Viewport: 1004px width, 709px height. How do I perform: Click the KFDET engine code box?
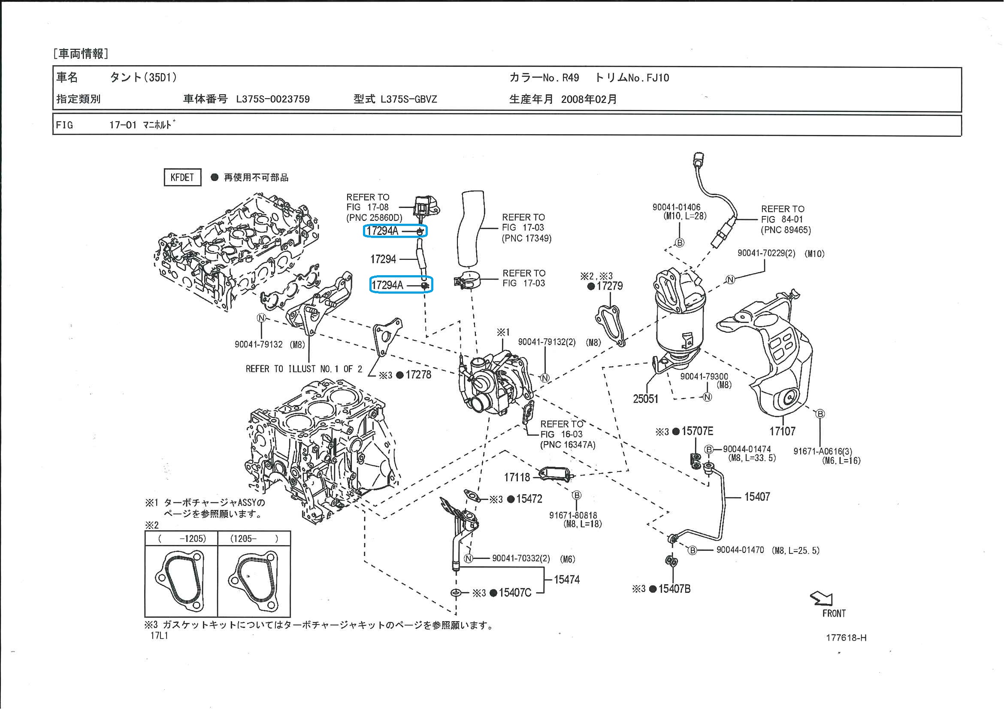click(x=182, y=177)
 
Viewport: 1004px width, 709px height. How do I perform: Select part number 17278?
click(x=418, y=375)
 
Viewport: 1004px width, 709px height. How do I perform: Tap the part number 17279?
click(x=610, y=286)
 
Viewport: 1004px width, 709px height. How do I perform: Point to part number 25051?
click(x=645, y=399)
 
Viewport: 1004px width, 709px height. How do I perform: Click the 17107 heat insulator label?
click(x=782, y=432)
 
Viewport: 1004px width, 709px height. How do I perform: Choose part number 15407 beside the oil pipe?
click(x=757, y=497)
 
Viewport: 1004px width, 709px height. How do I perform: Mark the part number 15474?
click(x=567, y=580)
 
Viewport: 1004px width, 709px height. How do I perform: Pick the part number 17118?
click(x=517, y=478)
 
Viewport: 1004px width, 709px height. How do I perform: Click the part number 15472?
click(x=529, y=499)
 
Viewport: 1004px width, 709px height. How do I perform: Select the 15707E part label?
click(x=697, y=432)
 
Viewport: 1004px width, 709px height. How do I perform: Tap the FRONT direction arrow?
click(x=822, y=598)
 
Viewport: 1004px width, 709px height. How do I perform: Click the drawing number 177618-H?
click(x=846, y=638)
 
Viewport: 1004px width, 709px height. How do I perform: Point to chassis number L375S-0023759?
click(x=272, y=99)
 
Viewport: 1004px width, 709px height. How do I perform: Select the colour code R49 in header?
click(x=570, y=78)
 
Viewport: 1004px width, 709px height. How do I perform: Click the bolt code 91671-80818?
click(x=573, y=516)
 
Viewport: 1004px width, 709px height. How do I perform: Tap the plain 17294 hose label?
click(x=383, y=259)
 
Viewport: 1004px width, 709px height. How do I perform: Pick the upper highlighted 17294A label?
click(x=383, y=231)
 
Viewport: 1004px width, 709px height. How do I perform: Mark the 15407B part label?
click(x=674, y=589)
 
